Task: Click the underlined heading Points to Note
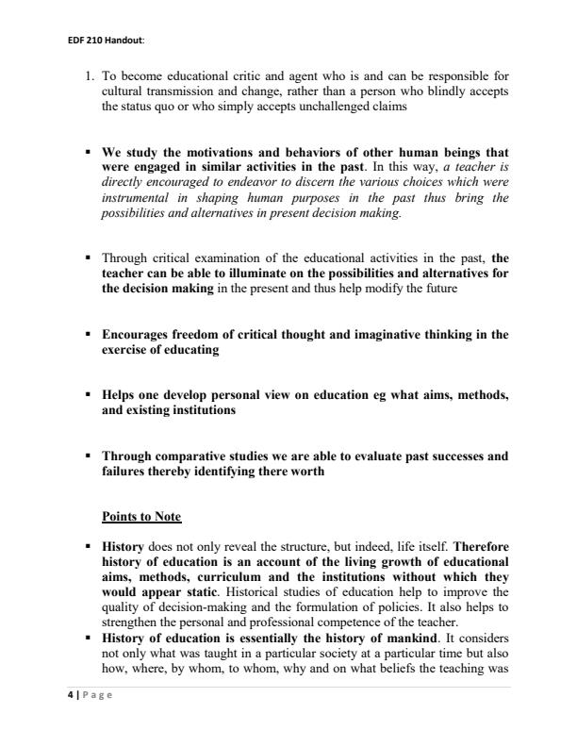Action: (140, 517)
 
